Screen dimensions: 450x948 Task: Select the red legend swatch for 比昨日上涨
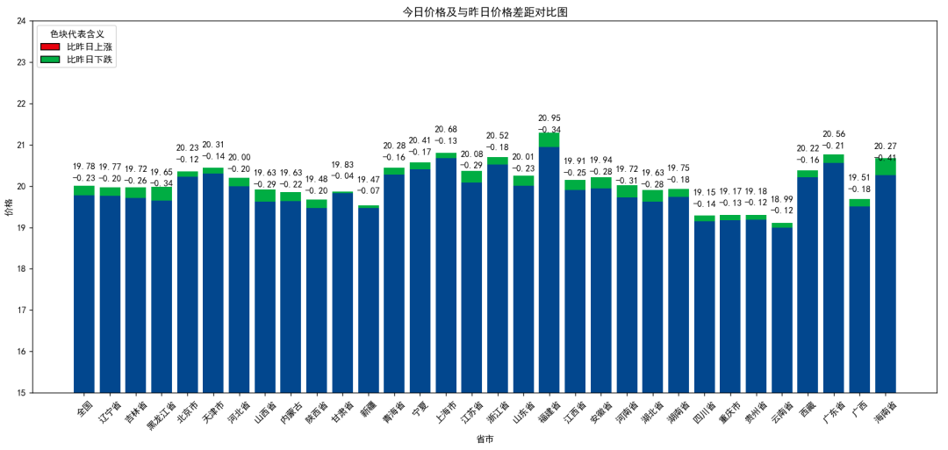[50, 46]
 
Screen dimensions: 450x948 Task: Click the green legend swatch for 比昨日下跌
[50, 60]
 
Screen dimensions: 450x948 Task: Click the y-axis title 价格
[10, 207]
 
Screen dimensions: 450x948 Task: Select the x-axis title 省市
[485, 439]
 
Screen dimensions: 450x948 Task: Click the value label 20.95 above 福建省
[549, 118]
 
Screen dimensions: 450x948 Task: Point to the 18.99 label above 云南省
[781, 199]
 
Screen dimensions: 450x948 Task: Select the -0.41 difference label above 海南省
[885, 158]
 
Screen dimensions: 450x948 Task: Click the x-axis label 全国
[84, 409]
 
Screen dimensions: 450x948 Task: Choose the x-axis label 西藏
[807, 409]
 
